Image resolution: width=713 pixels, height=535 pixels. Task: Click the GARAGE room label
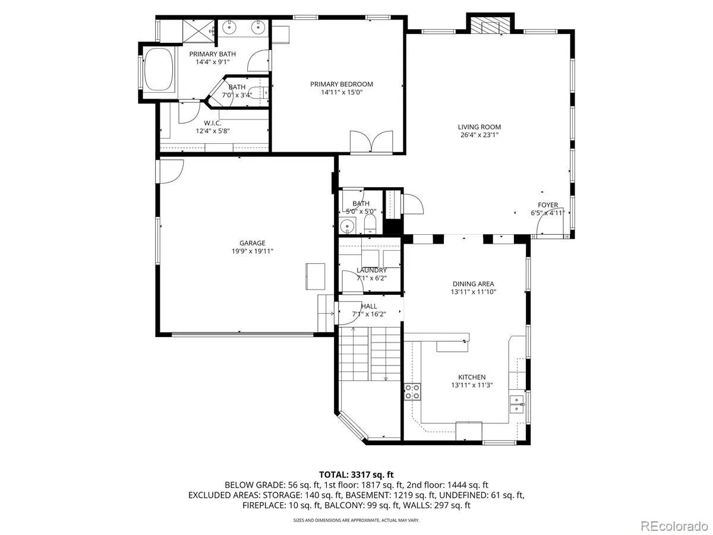252,243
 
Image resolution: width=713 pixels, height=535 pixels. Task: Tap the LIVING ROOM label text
479,127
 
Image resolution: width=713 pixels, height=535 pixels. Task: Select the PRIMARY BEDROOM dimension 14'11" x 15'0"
342,92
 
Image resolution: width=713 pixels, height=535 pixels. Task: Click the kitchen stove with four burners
412,391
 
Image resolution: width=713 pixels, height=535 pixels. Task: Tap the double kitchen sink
516,404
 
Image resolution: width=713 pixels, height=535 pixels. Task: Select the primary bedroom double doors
371,141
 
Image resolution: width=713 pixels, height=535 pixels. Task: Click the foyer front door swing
550,221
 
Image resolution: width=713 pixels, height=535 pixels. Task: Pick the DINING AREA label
474,284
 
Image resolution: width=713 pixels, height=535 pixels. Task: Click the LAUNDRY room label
371,270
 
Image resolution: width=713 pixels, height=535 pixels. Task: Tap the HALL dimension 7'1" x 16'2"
369,314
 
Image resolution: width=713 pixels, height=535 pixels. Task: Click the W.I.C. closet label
213,123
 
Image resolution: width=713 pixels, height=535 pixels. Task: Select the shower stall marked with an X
198,31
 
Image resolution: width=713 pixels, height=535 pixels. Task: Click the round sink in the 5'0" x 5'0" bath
348,225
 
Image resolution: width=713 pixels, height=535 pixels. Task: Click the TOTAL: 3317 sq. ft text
356,474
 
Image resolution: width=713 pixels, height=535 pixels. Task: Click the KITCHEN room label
472,377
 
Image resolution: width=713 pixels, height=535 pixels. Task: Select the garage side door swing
169,171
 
